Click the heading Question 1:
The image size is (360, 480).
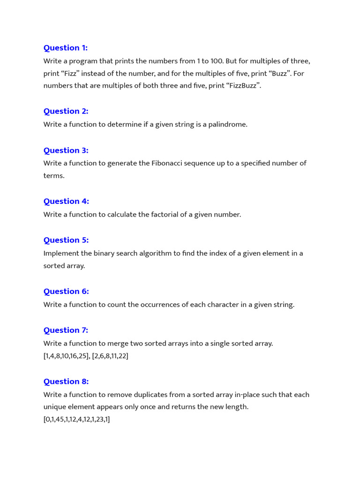(66, 48)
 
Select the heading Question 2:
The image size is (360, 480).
(66, 111)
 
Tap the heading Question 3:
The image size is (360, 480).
(66, 150)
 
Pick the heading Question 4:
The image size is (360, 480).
(66, 201)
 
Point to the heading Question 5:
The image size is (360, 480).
(66, 240)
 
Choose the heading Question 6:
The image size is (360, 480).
(66, 291)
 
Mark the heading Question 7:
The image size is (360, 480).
(66, 330)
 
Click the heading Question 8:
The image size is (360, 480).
(66, 381)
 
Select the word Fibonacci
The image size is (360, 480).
(167, 163)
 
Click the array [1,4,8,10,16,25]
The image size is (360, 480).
(66, 356)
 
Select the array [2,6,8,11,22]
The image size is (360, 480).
(110, 356)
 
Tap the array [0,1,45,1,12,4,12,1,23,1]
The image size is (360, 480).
(77, 419)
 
